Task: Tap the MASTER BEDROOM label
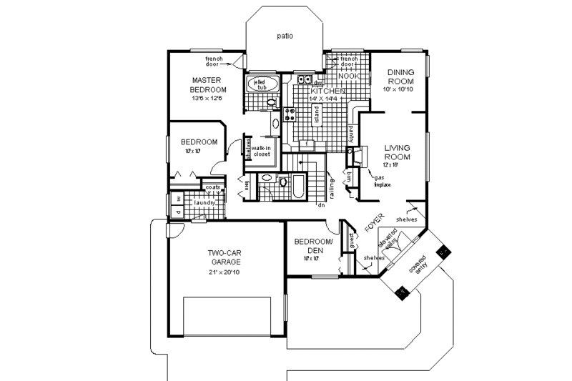[208, 85]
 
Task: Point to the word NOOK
[348, 75]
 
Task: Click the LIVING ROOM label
[397, 152]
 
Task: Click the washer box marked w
[177, 199]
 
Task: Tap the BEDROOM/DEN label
[314, 247]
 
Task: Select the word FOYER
[374, 222]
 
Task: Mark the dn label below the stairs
[322, 204]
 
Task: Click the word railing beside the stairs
[332, 187]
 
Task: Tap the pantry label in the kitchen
[352, 132]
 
